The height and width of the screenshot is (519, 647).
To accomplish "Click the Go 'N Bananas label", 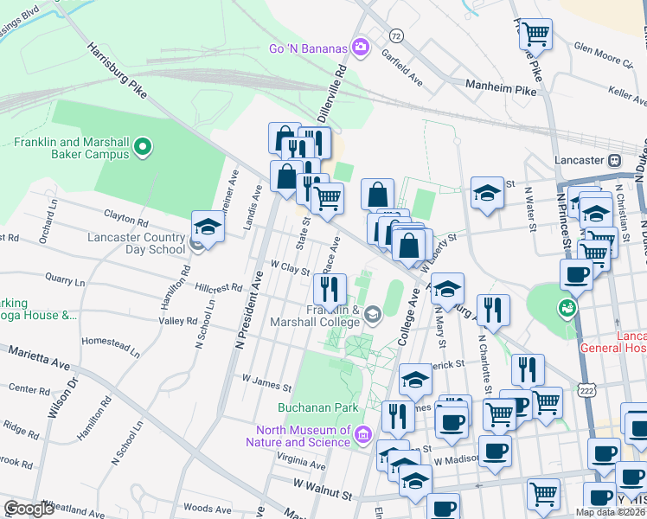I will (308, 48).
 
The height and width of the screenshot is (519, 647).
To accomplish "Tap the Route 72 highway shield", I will (395, 35).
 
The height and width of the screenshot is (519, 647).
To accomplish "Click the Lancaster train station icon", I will (615, 161).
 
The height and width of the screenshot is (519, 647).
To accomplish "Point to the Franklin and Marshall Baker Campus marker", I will (145, 148).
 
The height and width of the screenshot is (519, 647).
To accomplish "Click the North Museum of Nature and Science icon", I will (362, 432).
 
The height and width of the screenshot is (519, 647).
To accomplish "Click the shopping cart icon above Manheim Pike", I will (536, 35).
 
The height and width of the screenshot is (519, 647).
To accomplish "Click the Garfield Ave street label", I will (401, 67).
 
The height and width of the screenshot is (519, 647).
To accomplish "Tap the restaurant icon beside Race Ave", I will (330, 289).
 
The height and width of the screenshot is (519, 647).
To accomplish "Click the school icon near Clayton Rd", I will (208, 227).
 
